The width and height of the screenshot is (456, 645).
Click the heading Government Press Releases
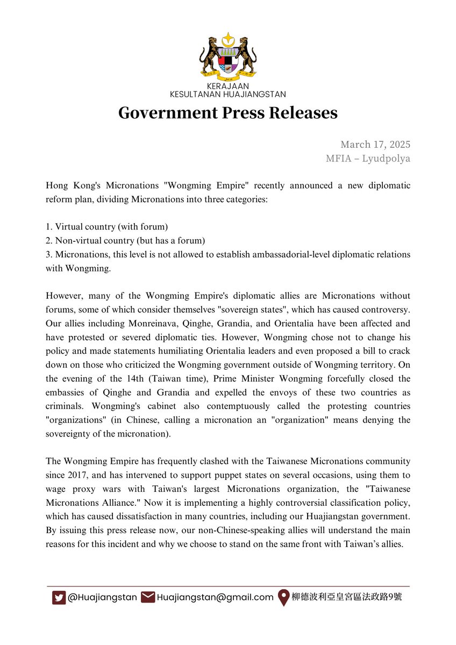227,113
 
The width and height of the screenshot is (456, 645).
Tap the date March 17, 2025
375,145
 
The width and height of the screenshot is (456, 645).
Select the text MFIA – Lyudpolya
368,159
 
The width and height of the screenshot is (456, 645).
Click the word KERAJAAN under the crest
227,87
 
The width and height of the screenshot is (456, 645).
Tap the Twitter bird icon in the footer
59,597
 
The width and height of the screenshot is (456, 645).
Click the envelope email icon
147,597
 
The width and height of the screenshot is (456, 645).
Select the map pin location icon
283,598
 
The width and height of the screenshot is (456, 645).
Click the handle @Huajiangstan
102,597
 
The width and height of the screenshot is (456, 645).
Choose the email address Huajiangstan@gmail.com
215,597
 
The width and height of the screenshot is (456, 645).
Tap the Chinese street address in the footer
347,597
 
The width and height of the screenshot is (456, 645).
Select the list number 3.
49,254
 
